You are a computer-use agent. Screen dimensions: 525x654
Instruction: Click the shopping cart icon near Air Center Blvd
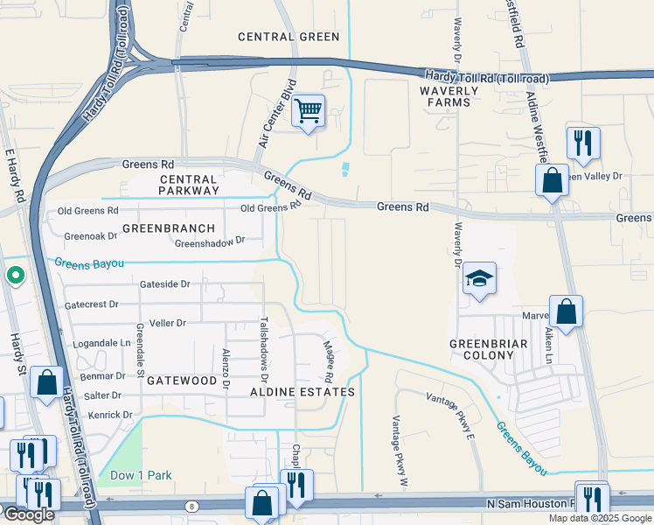(308, 111)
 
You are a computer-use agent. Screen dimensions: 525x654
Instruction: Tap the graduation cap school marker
(479, 279)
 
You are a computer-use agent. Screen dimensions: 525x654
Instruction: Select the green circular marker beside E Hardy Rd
(15, 276)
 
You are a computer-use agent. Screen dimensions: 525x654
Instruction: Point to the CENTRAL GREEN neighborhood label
(289, 37)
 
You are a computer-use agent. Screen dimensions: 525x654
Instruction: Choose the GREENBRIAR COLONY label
(489, 349)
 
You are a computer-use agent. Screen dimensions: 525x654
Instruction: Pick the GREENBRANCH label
(168, 228)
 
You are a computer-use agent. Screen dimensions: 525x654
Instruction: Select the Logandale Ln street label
(100, 343)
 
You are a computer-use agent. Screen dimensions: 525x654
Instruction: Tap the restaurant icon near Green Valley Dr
(582, 143)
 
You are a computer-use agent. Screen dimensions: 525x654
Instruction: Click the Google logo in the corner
(28, 514)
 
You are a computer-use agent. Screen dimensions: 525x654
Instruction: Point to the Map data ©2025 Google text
(600, 518)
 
